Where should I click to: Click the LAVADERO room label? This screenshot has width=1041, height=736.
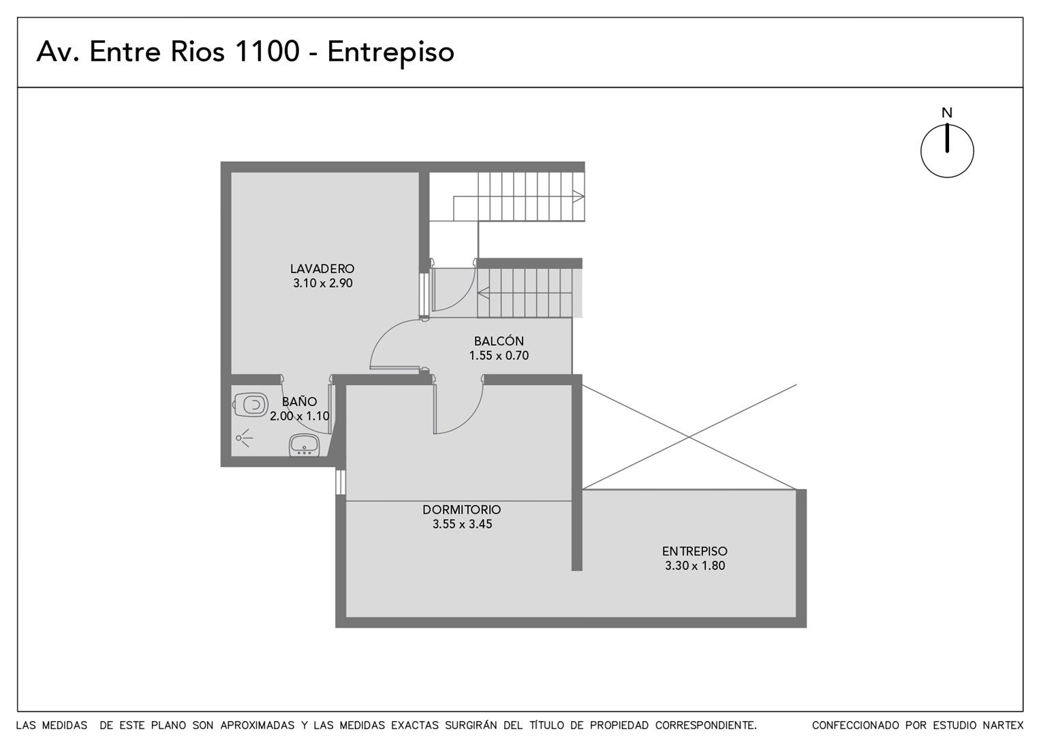tap(322, 269)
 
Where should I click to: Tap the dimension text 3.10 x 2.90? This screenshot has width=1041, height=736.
tap(322, 283)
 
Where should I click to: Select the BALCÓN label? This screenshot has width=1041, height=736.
tap(499, 341)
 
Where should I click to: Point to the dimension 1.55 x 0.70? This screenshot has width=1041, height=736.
tap(499, 356)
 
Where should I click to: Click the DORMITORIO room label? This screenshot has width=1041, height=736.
tap(461, 510)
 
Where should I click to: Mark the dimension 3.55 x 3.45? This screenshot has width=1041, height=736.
tap(462, 524)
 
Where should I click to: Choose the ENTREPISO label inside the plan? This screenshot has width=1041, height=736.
tap(695, 551)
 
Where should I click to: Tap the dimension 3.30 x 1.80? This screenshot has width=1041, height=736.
tap(695, 566)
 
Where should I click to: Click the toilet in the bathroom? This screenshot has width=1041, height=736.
tap(251, 405)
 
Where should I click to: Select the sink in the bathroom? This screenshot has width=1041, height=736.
tap(305, 445)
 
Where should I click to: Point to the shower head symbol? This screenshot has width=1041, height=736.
tap(244, 438)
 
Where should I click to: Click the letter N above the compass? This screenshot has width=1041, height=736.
tap(947, 113)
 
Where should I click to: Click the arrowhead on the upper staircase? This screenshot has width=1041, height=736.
tap(578, 196)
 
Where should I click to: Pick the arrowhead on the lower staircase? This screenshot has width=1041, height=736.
tap(483, 293)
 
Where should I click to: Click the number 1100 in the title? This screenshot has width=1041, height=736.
tap(268, 51)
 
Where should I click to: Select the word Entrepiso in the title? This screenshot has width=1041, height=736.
tap(391, 52)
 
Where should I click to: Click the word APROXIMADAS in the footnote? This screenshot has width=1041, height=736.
tap(258, 725)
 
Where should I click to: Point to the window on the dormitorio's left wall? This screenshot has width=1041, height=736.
tap(341, 482)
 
